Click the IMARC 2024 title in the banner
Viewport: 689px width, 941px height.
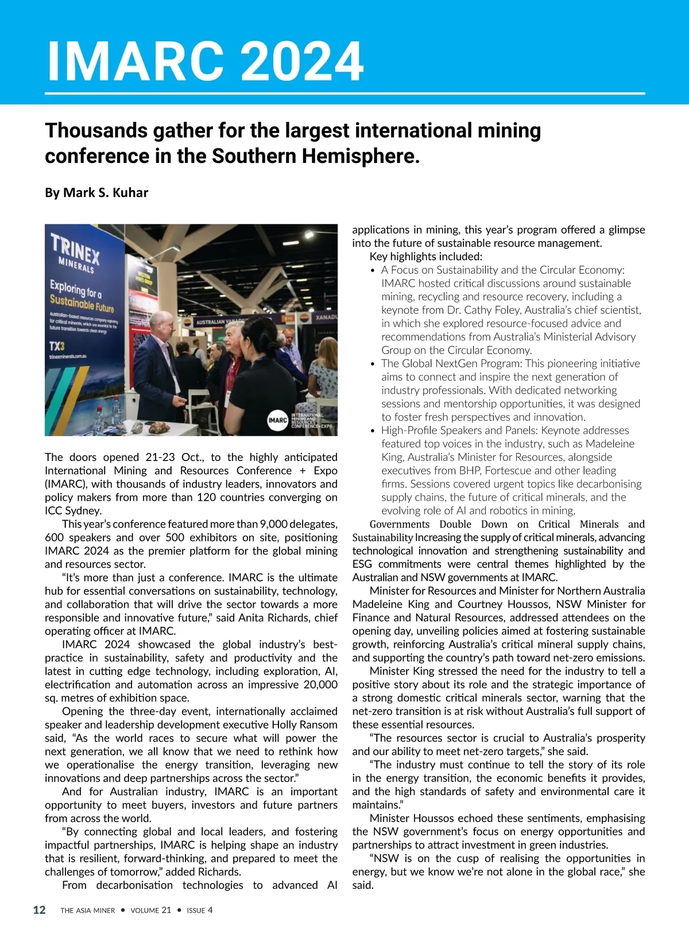click(x=204, y=61)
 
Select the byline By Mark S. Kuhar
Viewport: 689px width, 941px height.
click(x=96, y=193)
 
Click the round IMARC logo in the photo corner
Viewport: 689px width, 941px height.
click(x=277, y=420)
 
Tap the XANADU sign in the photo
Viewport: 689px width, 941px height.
click(x=326, y=317)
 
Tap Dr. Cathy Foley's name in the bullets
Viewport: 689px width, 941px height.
click(x=532, y=310)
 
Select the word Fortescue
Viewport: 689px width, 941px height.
click(x=508, y=471)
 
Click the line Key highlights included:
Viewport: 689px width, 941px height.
click(x=425, y=257)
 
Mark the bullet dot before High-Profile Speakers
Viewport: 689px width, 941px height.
click(x=373, y=431)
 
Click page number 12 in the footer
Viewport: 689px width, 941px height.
click(x=39, y=910)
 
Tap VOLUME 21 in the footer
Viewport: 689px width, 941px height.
click(x=150, y=910)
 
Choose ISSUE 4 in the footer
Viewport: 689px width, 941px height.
click(x=199, y=910)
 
